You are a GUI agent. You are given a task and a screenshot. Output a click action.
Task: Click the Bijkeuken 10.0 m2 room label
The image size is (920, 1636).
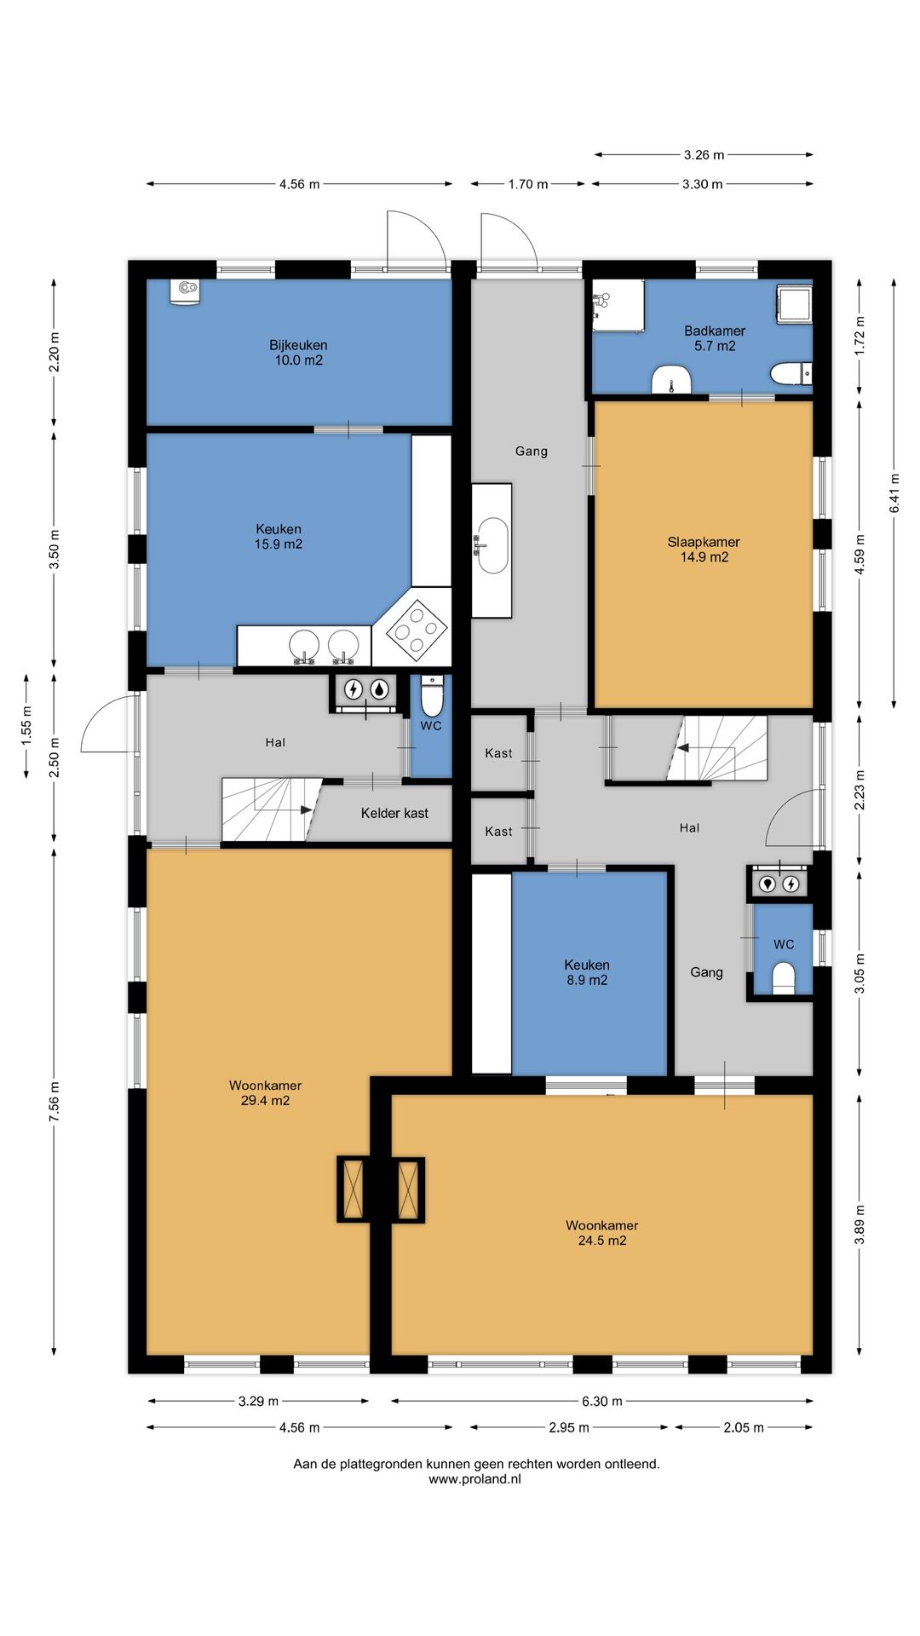coord(298,353)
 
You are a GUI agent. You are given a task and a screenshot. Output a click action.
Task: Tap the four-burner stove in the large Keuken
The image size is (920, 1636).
coord(417,630)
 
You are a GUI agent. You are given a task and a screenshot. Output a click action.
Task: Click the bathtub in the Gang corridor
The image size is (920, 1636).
coord(492,549)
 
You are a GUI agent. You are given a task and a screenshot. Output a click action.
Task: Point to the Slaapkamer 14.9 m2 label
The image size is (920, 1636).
coord(704,550)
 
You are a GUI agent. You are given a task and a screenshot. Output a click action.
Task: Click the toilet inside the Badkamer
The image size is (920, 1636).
coord(790,374)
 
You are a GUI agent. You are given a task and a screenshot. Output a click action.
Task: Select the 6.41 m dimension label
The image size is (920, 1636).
coord(894,493)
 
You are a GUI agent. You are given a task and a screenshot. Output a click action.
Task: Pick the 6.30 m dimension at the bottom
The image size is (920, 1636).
coord(601,1401)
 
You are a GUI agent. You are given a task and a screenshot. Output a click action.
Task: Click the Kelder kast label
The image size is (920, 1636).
coord(394,813)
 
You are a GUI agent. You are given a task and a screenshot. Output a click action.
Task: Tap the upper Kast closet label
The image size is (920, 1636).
coord(498,753)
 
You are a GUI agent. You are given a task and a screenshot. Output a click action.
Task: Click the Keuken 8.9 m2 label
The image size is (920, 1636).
coord(587,972)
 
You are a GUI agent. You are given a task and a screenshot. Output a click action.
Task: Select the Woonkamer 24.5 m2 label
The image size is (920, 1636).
coord(601,1233)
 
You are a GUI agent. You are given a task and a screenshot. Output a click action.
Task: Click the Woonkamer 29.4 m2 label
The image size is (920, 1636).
coord(265,1092)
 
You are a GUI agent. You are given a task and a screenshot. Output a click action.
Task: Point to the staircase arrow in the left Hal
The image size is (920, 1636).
coord(303,809)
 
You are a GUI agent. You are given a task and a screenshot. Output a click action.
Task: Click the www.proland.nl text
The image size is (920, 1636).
coord(474,1479)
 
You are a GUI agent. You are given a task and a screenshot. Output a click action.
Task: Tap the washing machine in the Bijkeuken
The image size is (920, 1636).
coord(184,291)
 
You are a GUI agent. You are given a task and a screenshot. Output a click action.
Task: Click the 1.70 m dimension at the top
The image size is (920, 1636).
coord(528,184)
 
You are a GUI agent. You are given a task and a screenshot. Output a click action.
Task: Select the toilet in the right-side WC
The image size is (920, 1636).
coord(783,978)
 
